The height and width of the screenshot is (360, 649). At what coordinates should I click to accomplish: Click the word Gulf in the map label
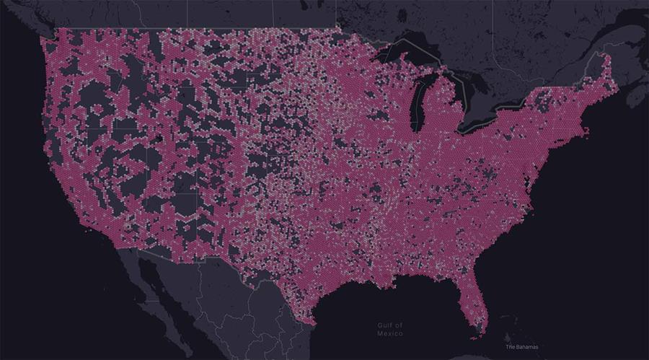pos(384,326)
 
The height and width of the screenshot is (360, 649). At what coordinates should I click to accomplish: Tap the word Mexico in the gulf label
pos(389,334)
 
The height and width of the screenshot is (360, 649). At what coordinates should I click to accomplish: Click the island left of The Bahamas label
pos(508,339)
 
